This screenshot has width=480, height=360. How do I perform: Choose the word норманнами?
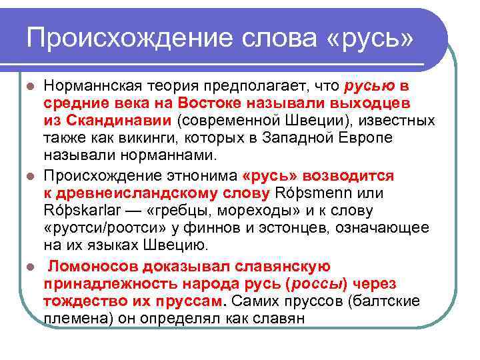click(183, 156)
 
